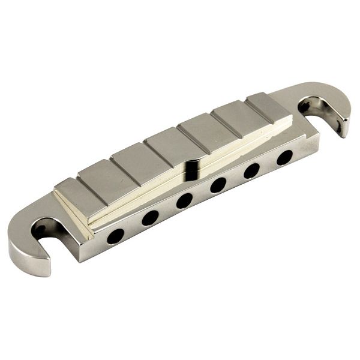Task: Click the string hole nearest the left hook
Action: [115, 236]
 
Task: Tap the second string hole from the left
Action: [149, 217]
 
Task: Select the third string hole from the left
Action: [185, 200]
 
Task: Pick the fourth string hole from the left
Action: [218, 185]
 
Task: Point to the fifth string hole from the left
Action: [252, 170]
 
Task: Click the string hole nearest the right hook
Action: [284, 157]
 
